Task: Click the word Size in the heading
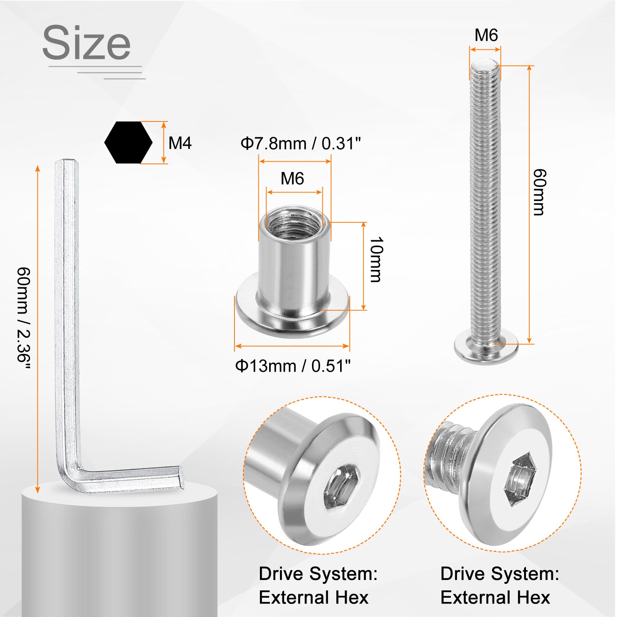[x=86, y=42]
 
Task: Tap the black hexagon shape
[x=128, y=143]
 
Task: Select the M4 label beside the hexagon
[x=180, y=143]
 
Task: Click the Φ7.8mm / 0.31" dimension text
[x=300, y=143]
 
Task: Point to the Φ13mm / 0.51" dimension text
[x=293, y=366]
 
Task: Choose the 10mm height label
[x=376, y=260]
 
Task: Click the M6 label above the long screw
[x=486, y=35]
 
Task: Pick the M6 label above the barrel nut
[x=292, y=179]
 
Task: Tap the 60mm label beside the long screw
[x=539, y=192]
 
